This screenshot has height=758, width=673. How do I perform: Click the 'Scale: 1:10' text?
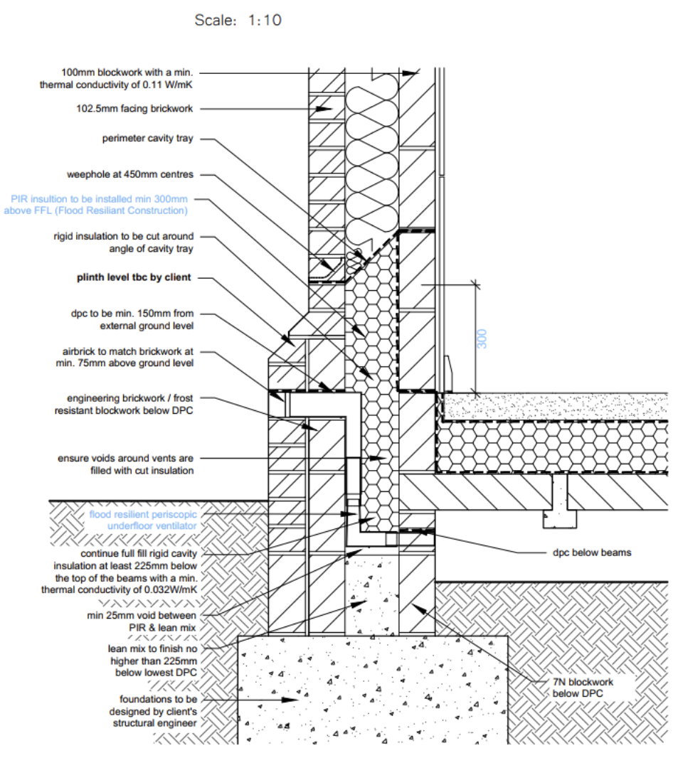[238, 21]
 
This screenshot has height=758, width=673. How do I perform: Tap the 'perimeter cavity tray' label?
[148, 139]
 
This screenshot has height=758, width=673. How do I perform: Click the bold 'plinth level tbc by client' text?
[134, 277]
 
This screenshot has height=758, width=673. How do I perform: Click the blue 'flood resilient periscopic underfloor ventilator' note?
[142, 519]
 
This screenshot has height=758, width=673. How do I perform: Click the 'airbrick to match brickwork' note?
[127, 357]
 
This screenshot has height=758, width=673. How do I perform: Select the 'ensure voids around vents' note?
[125, 464]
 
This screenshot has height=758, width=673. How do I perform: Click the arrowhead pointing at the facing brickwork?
[328, 109]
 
